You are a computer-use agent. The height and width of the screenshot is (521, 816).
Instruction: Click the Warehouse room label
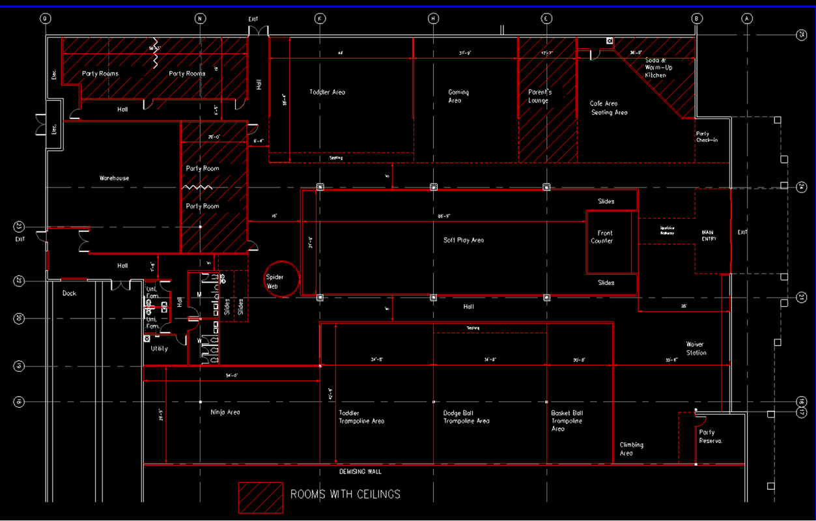[x=114, y=178]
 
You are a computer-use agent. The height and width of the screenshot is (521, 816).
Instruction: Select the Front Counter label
[x=602, y=237]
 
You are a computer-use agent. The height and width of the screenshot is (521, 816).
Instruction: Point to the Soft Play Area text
[x=464, y=240]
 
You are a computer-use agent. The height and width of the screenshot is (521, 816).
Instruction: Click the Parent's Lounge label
[x=539, y=96]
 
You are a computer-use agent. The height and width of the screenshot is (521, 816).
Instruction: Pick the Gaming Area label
[x=458, y=96]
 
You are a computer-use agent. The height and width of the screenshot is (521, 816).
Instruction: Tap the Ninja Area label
[x=225, y=412]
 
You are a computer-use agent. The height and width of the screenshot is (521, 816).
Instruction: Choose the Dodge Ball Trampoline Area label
[x=466, y=417]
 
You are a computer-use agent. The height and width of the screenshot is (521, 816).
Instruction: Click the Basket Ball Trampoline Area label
[x=567, y=421]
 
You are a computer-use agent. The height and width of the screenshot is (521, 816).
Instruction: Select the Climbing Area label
[x=631, y=449]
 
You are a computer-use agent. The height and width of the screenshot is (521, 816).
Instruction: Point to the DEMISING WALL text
[x=360, y=472]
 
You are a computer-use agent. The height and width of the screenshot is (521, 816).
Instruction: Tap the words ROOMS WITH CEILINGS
[x=345, y=494]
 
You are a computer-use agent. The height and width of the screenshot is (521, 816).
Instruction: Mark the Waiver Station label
[x=696, y=348]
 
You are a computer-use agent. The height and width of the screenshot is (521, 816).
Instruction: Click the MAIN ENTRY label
[x=709, y=235]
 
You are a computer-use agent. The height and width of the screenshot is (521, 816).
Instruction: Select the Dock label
[x=69, y=293]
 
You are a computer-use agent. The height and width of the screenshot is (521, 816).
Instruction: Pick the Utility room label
[x=160, y=348]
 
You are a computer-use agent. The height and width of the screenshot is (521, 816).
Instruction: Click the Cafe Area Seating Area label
[x=608, y=108]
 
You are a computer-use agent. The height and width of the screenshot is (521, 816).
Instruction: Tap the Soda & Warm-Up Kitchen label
[x=655, y=68]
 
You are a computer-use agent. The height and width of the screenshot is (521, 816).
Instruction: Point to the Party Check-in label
[x=707, y=137]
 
